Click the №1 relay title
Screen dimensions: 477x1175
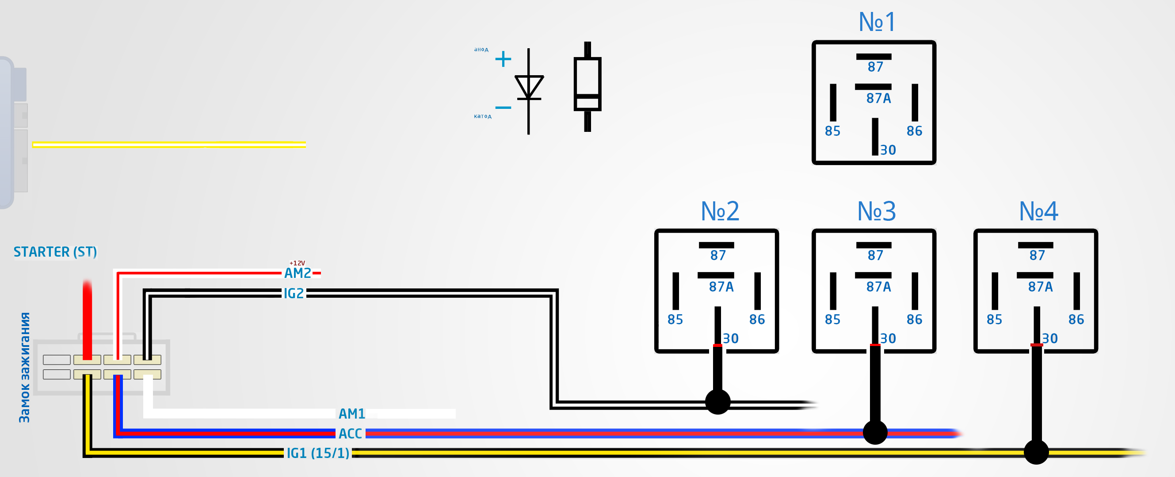(877, 22)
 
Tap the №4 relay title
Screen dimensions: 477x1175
(1038, 212)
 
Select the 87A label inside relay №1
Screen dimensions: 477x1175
(878, 98)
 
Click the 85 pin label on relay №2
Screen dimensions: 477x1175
(675, 319)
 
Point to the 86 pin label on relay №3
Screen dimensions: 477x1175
(914, 319)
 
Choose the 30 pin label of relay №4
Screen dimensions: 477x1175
(1049, 339)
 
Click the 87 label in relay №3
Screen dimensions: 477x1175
(875, 256)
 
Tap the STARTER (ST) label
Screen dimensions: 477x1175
(55, 252)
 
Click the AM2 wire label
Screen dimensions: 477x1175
(298, 273)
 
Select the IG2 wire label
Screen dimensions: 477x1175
(294, 293)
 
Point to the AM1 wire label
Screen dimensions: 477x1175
(352, 414)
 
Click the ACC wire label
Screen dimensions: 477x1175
(350, 434)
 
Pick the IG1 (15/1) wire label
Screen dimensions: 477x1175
(318, 453)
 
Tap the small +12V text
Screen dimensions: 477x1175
(298, 263)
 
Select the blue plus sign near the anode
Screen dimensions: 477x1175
(503, 59)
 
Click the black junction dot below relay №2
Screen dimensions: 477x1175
(717, 402)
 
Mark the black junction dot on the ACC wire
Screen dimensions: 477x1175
(875, 432)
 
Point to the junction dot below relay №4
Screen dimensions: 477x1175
(1036, 452)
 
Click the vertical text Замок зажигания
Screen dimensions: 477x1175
(25, 367)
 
